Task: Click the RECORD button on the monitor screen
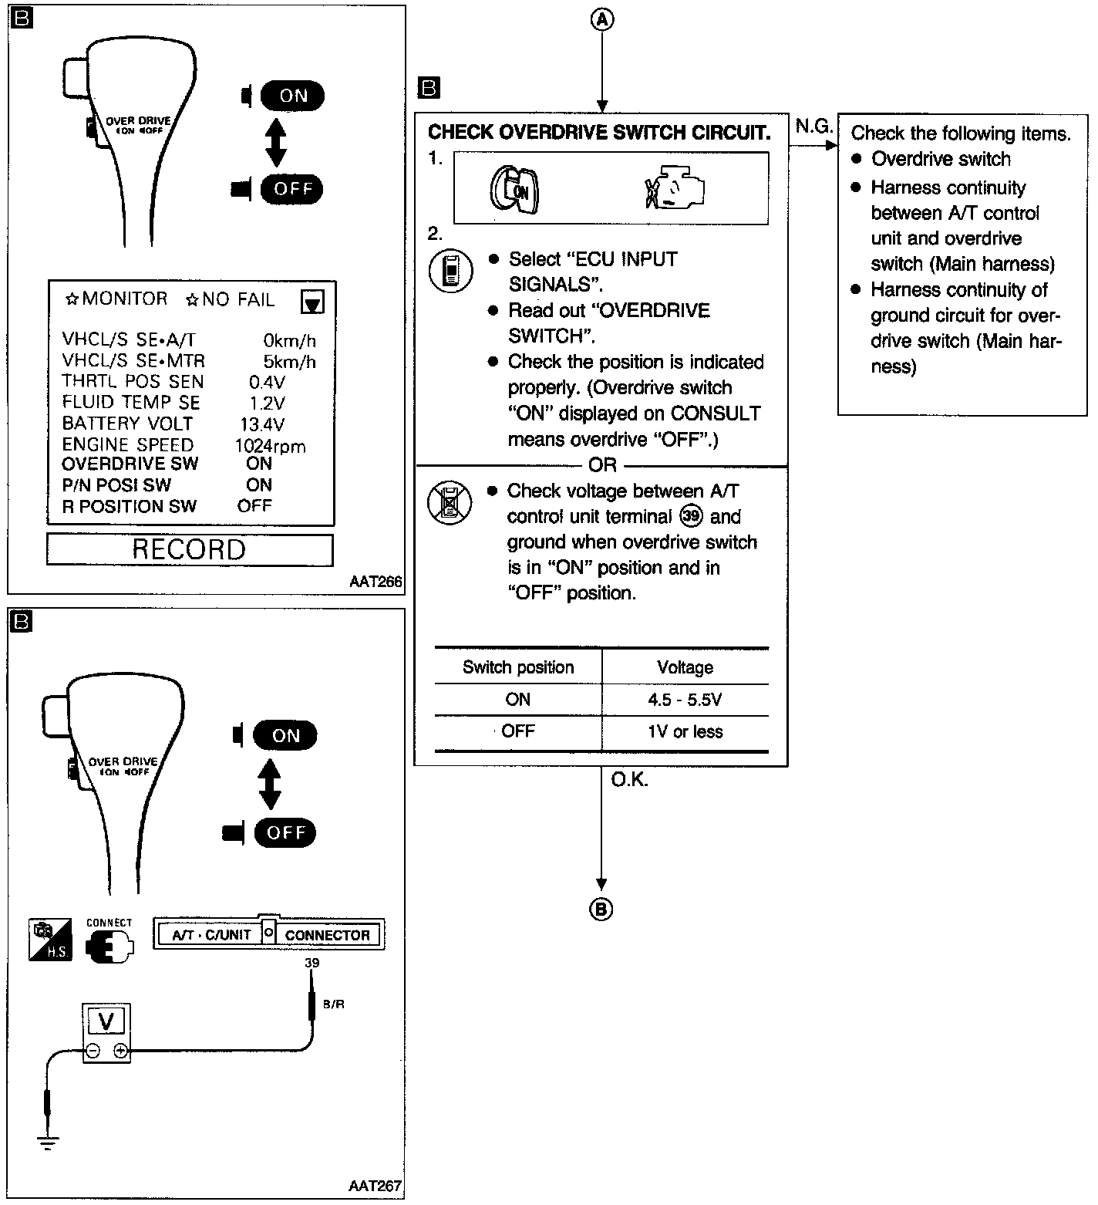click(x=189, y=549)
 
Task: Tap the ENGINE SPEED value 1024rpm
click(x=270, y=446)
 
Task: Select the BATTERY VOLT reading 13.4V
click(x=262, y=424)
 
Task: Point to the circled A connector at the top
click(x=602, y=20)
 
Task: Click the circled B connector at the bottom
click(x=601, y=910)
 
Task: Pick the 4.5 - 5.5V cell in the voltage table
click(x=685, y=700)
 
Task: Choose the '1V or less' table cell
click(x=685, y=731)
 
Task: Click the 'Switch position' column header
click(x=518, y=667)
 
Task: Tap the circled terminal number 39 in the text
click(x=692, y=516)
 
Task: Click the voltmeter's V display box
click(x=106, y=1021)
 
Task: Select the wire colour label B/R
click(x=333, y=1004)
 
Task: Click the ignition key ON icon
click(x=514, y=190)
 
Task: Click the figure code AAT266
click(x=376, y=582)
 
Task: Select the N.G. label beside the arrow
click(x=813, y=126)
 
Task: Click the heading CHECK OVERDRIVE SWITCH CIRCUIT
click(x=599, y=133)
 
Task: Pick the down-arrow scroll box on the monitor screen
click(x=312, y=302)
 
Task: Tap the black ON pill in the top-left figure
click(x=292, y=96)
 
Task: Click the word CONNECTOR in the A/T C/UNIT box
click(x=328, y=935)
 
